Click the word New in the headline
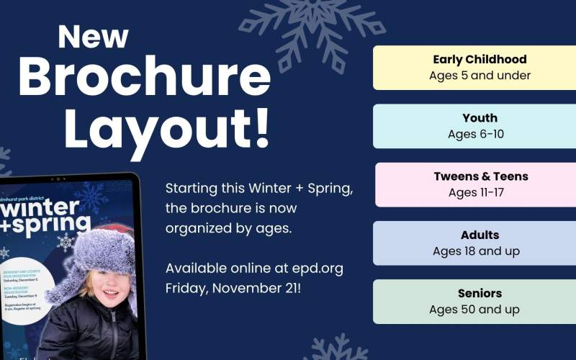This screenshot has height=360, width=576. click(x=94, y=37)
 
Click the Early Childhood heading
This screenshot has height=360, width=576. click(x=480, y=59)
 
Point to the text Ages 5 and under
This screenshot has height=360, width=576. click(x=480, y=76)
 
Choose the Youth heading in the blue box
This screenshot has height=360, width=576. click(x=480, y=118)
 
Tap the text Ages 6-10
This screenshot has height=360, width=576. click(x=480, y=134)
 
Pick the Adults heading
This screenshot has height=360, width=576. click(x=480, y=235)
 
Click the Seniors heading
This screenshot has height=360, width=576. click(x=480, y=293)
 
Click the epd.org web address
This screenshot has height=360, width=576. click(x=320, y=268)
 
